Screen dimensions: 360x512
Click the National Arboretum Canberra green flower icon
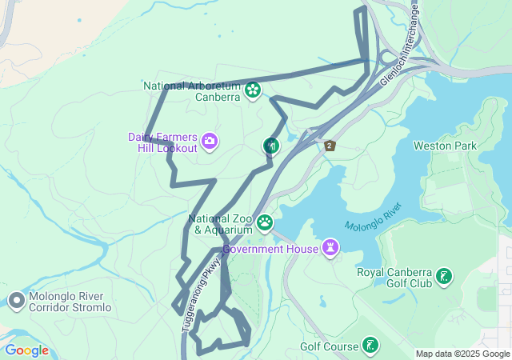click(253, 90)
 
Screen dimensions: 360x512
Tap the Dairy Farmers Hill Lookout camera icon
click(209, 142)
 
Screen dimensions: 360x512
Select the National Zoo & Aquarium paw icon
click(264, 222)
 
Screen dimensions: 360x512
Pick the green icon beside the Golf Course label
click(370, 346)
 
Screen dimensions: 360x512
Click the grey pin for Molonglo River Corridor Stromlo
click(16, 301)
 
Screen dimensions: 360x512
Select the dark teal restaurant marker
click(272, 145)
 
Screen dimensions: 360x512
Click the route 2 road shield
click(330, 145)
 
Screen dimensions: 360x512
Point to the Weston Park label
click(444, 146)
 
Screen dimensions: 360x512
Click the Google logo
click(26, 350)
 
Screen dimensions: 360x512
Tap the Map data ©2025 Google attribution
click(462, 354)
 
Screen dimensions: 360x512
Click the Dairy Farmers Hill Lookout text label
click(162, 142)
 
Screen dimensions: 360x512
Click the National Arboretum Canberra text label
click(192, 91)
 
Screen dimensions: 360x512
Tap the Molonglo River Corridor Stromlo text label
click(70, 302)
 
